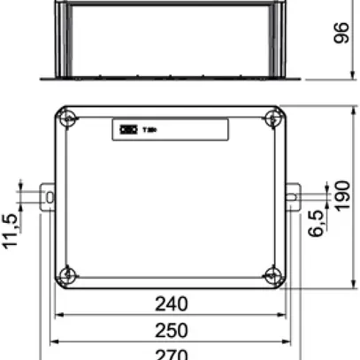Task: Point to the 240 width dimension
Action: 171,304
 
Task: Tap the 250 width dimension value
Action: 171,330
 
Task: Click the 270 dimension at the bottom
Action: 171,354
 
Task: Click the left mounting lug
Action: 48,196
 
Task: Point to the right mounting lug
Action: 293,195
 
